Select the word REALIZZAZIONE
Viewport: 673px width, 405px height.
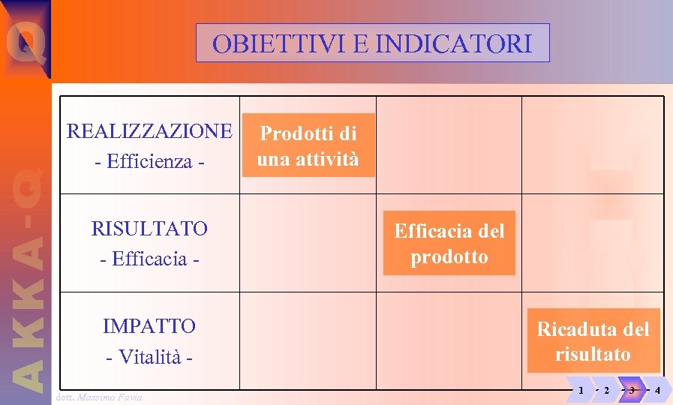(x=149, y=131)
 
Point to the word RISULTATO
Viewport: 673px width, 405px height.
(x=149, y=228)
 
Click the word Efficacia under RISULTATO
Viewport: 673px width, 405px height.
(x=149, y=259)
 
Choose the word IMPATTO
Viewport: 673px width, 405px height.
(x=149, y=326)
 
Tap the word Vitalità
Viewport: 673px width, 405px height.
(x=150, y=357)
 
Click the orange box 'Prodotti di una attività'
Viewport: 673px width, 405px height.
(x=308, y=145)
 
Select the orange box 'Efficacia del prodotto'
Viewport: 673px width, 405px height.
(x=449, y=243)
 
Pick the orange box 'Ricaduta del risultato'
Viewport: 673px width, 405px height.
(x=593, y=341)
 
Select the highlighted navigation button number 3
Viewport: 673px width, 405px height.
(x=632, y=390)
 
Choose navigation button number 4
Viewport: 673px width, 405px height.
(x=657, y=390)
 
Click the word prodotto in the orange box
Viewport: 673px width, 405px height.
(x=449, y=257)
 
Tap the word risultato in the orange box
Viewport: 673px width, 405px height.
(x=593, y=355)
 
